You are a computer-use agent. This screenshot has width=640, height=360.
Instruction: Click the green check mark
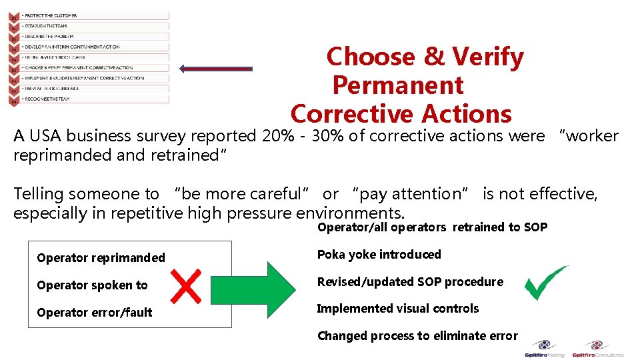pyautogui.click(x=545, y=283)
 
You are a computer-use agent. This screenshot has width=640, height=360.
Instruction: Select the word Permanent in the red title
pyautogui.click(x=397, y=85)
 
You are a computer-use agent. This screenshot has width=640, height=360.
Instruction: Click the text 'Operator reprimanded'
pyautogui.click(x=101, y=257)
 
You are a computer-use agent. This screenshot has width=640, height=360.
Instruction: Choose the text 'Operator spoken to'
pyautogui.click(x=92, y=285)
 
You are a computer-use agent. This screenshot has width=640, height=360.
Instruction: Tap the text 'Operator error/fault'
pyautogui.click(x=95, y=312)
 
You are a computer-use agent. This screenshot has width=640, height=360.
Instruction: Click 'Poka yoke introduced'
pyautogui.click(x=379, y=254)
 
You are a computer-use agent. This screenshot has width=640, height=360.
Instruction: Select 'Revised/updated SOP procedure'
pyautogui.click(x=409, y=281)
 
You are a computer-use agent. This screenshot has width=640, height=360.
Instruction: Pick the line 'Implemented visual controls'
pyautogui.click(x=397, y=308)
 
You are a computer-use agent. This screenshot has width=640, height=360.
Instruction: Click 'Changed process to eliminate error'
pyautogui.click(x=417, y=335)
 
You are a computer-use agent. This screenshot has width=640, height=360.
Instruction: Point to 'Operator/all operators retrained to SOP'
pyautogui.click(x=432, y=227)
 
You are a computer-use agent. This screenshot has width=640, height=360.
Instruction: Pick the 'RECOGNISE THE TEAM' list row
pyautogui.click(x=46, y=99)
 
